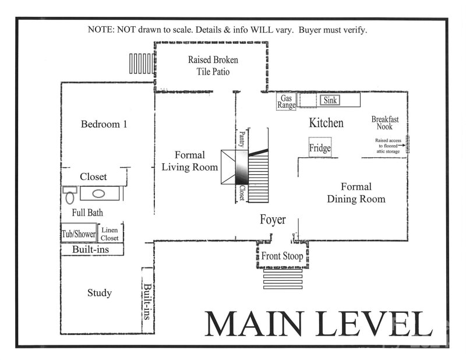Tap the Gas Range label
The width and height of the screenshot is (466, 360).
click(x=287, y=102)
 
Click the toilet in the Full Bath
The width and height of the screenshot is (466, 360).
click(x=69, y=193)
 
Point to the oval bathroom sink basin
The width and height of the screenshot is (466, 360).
click(x=97, y=194)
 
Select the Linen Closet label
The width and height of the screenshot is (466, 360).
click(x=110, y=234)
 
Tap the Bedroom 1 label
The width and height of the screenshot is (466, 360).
click(x=104, y=124)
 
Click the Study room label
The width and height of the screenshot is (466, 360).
click(x=99, y=292)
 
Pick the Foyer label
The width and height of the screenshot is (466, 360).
click(x=273, y=220)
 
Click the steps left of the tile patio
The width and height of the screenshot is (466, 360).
click(x=140, y=62)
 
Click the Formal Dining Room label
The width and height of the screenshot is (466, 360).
click(x=356, y=193)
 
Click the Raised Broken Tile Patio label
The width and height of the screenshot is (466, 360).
click(x=213, y=66)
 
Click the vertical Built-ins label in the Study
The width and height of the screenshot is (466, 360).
click(x=148, y=301)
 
